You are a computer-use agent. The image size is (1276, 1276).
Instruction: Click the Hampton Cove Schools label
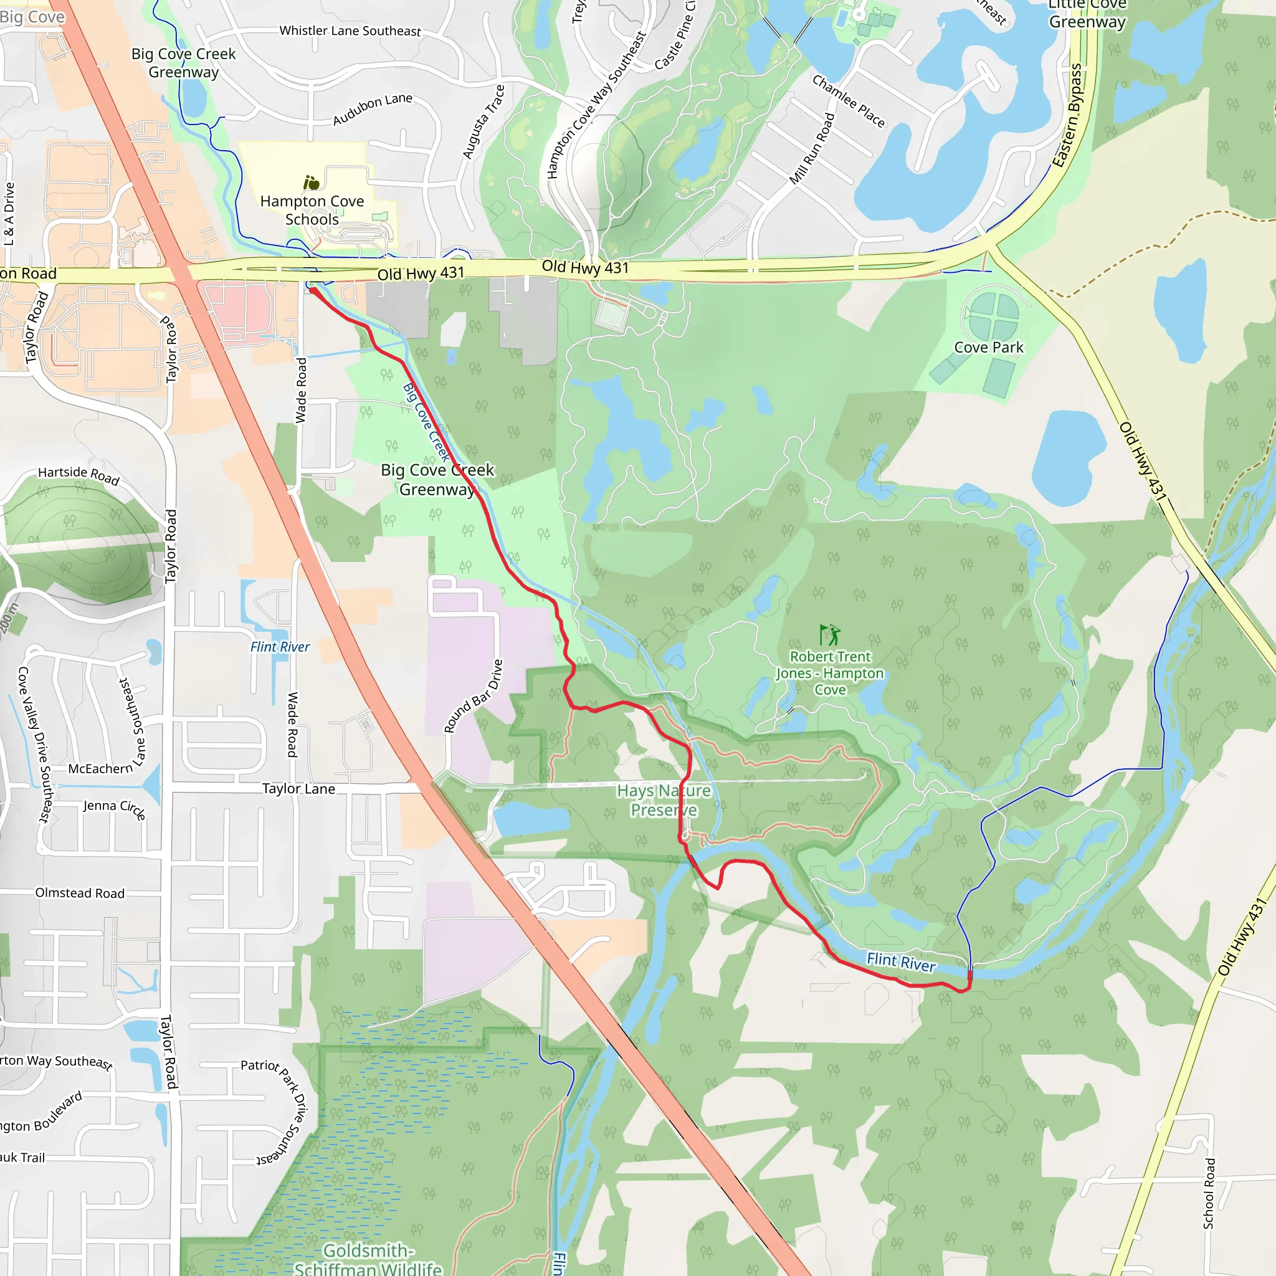pyautogui.click(x=312, y=210)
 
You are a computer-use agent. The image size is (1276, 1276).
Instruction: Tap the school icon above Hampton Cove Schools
pyautogui.click(x=311, y=183)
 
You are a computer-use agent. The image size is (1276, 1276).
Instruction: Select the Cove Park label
pyautogui.click(x=988, y=348)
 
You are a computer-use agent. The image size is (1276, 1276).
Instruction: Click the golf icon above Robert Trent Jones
pyautogui.click(x=829, y=635)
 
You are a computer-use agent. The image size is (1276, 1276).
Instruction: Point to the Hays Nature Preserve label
pyautogui.click(x=664, y=800)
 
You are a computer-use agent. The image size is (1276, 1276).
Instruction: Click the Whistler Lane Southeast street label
pyautogui.click(x=350, y=31)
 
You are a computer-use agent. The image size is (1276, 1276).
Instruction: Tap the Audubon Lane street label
pyautogui.click(x=373, y=109)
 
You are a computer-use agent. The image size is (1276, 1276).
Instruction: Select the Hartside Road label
pyautogui.click(x=79, y=474)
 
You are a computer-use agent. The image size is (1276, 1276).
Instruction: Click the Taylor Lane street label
pyautogui.click(x=298, y=789)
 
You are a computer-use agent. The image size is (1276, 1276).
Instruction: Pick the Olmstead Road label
pyautogui.click(x=80, y=893)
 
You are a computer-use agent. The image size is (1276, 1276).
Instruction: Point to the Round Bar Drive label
pyautogui.click(x=473, y=696)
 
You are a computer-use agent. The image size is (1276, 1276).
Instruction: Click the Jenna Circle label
pyautogui.click(x=114, y=807)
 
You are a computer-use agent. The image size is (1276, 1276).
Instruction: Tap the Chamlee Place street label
pyautogui.click(x=848, y=100)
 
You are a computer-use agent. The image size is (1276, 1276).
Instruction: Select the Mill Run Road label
pyautogui.click(x=812, y=149)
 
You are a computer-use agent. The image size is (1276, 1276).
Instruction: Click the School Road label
pyautogui.click(x=1208, y=1193)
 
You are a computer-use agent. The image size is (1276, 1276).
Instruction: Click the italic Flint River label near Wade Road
pyautogui.click(x=280, y=647)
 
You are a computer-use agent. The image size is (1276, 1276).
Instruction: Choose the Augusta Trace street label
pyautogui.click(x=483, y=122)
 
